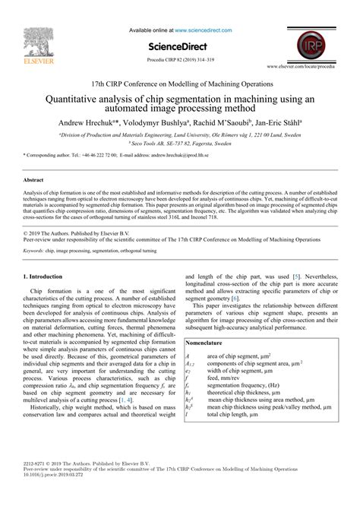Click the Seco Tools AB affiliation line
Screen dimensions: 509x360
tap(179, 142)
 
